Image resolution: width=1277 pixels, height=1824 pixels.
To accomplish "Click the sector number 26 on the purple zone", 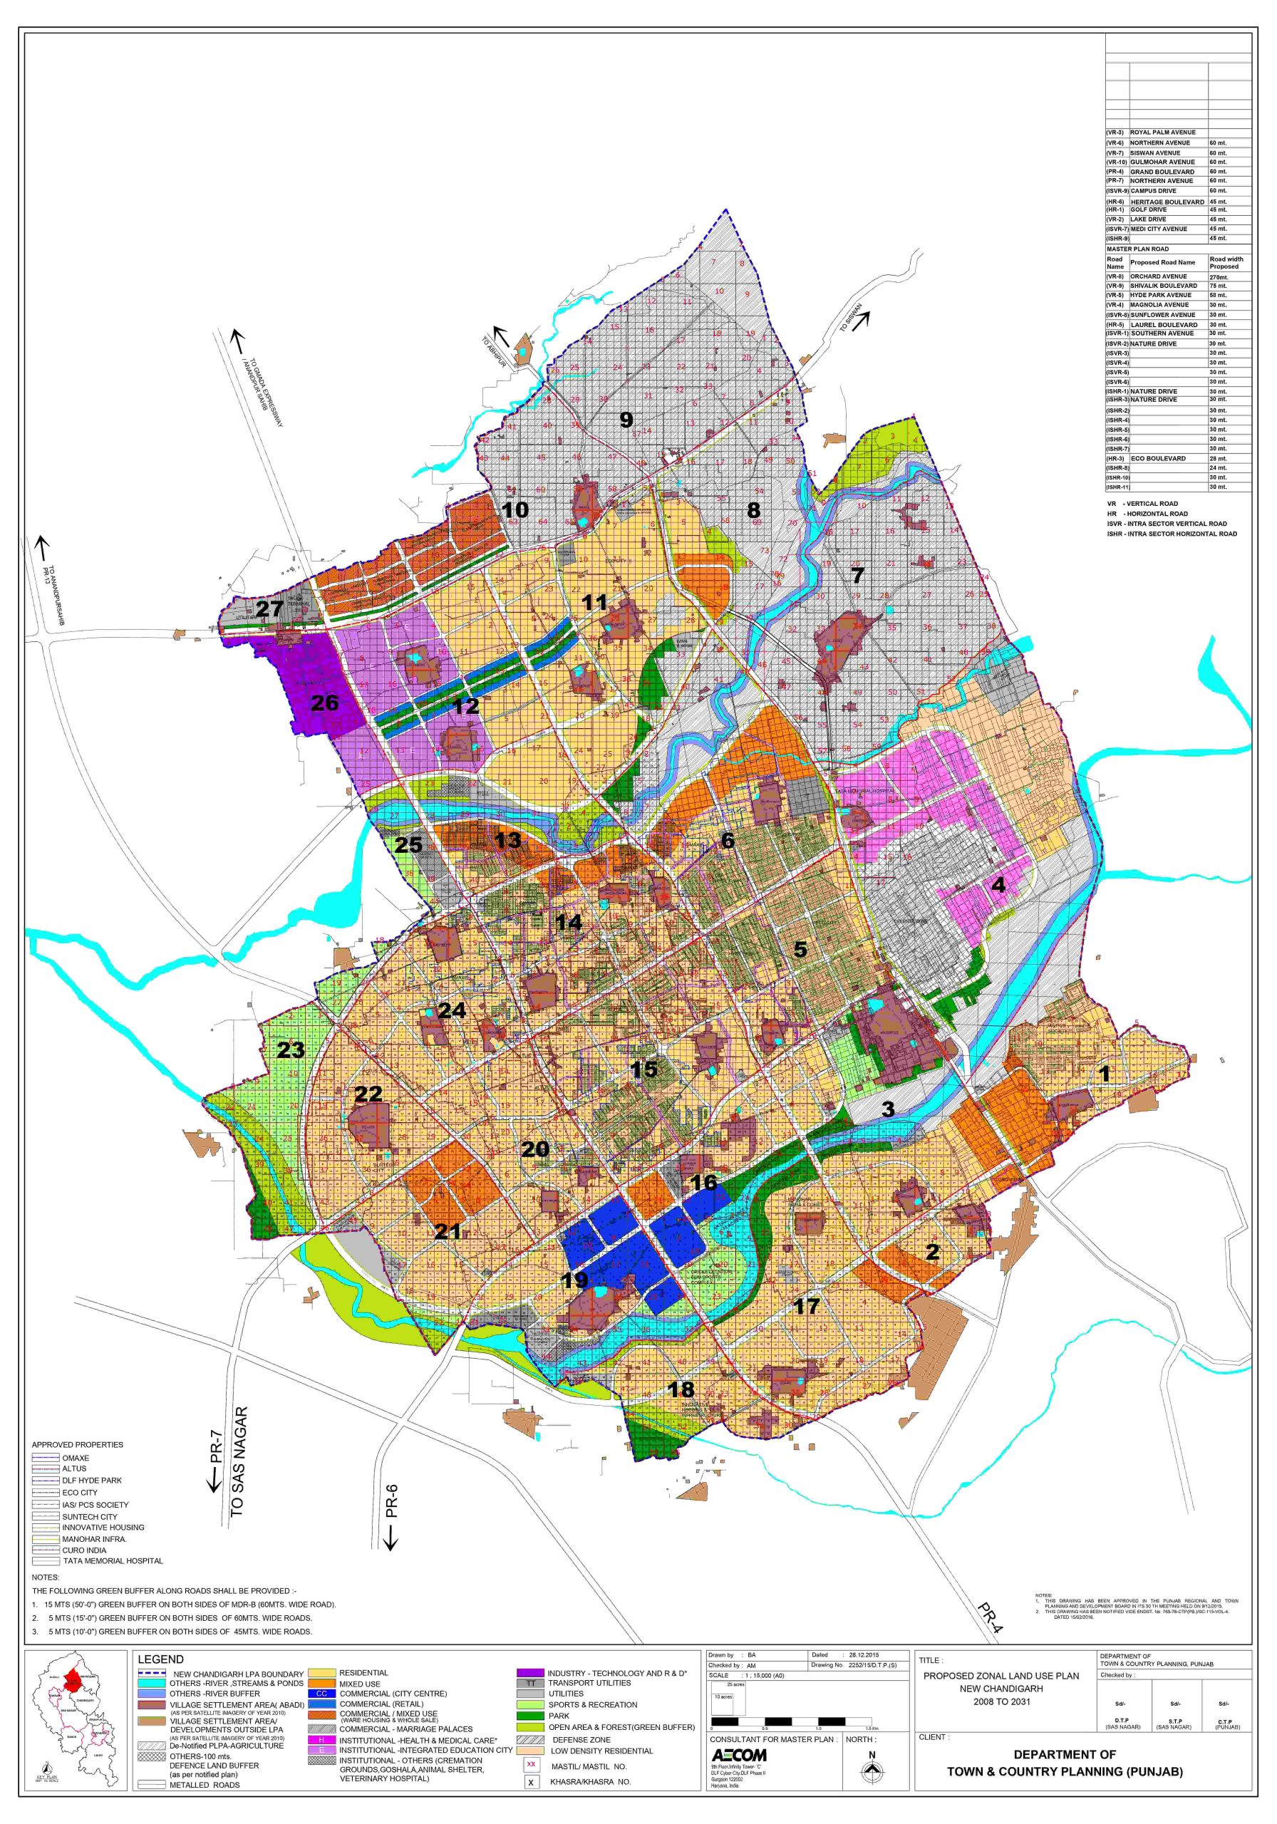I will click(324, 703).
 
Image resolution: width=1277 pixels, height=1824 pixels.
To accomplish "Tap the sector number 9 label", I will click(626, 420).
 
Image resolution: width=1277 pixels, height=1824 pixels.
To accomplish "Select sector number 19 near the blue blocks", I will click(574, 1280).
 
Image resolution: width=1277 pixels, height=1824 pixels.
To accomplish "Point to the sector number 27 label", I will click(269, 609).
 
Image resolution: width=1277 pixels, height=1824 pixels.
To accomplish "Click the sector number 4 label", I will click(999, 884).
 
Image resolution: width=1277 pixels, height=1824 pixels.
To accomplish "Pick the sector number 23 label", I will click(291, 1050).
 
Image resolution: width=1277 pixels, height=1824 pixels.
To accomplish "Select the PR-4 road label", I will click(986, 1618).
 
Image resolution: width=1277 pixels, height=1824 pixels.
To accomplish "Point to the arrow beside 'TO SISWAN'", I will click(862, 320).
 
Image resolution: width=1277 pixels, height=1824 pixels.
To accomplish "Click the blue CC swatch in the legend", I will click(322, 1693).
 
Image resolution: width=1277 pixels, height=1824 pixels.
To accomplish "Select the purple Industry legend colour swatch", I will click(530, 1672).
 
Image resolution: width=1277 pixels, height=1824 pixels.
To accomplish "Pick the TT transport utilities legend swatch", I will click(530, 1683).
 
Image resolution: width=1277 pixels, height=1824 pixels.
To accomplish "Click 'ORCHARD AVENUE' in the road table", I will click(1158, 276).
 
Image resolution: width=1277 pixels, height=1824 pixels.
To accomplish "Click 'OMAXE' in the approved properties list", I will click(76, 1458).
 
